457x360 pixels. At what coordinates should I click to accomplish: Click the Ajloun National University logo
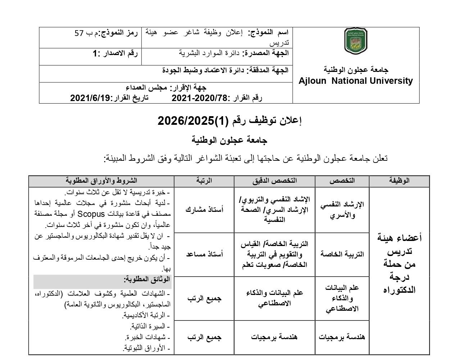coord(356,41)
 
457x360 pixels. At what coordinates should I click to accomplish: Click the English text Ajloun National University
coord(356,81)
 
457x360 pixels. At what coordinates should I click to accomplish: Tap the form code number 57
coord(79,33)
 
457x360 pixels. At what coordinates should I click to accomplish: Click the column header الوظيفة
coord(399,181)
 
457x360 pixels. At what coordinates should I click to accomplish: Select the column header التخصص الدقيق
coord(275,181)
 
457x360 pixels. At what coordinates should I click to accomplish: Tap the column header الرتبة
coord(204,181)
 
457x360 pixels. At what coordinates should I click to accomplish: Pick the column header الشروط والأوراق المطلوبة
coord(101,181)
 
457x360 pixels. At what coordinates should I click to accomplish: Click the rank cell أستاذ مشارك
coord(204,210)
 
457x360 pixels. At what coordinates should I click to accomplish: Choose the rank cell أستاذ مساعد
coord(204,254)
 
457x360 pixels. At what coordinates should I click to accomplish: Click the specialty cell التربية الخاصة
coord(342,254)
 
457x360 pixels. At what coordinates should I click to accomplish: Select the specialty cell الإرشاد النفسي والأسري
coord(342,210)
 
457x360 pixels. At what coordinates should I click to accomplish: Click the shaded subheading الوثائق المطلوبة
coord(147,279)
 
